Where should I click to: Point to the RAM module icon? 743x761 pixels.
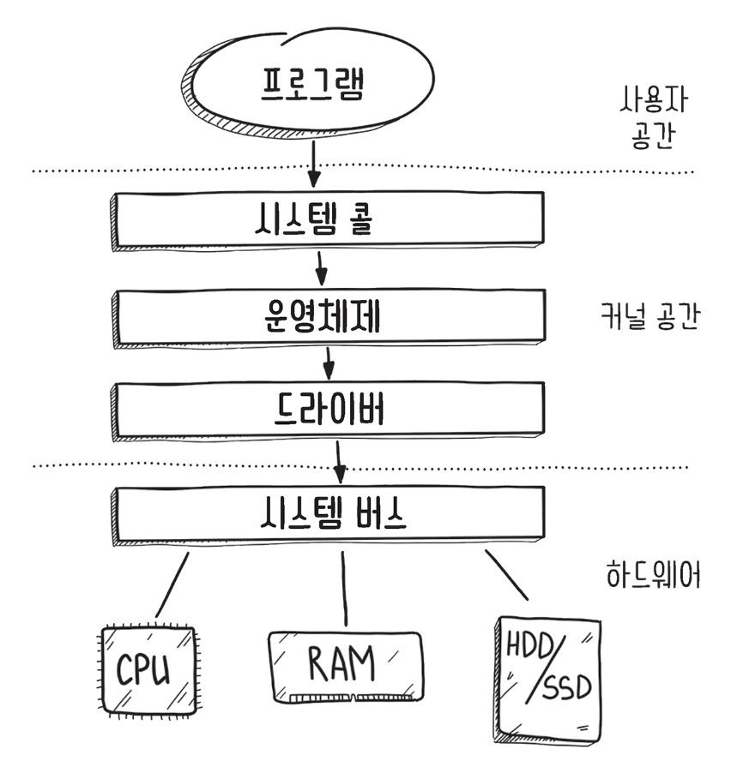[x=345, y=666]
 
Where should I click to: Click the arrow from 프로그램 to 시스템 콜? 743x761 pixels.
[x=314, y=163]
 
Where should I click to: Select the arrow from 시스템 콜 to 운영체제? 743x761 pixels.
[x=321, y=267]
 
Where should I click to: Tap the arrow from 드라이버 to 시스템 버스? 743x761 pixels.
[x=340, y=462]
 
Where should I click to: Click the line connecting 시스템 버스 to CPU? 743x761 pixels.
[x=172, y=585]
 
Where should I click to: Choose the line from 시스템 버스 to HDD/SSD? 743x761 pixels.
[x=507, y=574]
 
